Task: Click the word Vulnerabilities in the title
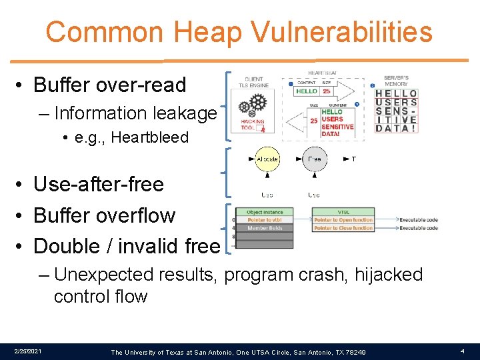click(x=351, y=32)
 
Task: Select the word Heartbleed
click(x=151, y=138)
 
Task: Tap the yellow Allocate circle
click(x=267, y=159)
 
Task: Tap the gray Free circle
click(x=314, y=159)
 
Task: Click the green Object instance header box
click(x=265, y=212)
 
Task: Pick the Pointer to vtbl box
click(x=265, y=220)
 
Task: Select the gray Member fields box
click(x=265, y=228)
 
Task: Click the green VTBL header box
click(x=343, y=212)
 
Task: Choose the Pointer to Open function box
click(x=343, y=220)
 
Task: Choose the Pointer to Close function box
click(x=343, y=228)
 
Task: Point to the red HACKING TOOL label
click(x=253, y=125)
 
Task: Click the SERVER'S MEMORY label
click(x=397, y=81)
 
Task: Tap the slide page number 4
click(x=462, y=351)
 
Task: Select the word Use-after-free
click(x=99, y=184)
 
